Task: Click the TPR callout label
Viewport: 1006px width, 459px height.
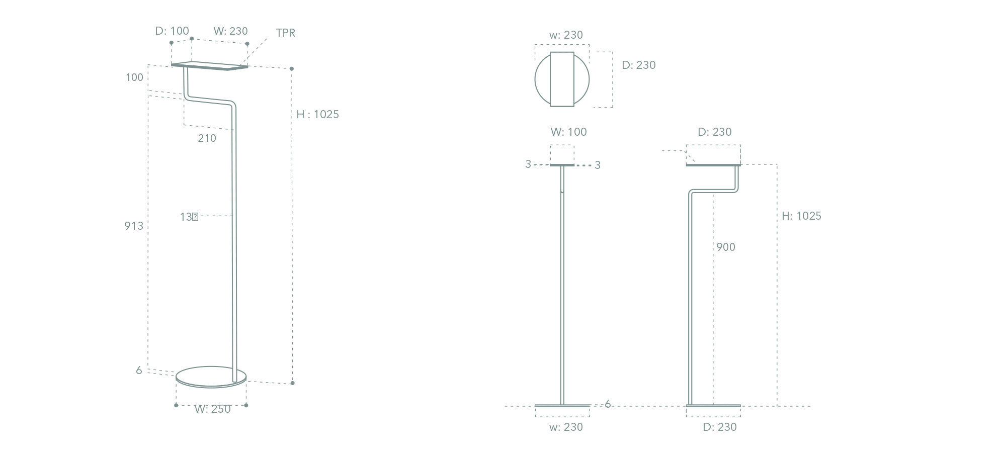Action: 285,33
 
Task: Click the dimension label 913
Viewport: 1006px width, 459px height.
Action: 134,226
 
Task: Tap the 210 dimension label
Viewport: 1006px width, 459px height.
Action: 207,138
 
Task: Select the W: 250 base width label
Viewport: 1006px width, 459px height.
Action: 212,409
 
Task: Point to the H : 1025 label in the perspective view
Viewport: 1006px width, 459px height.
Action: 317,115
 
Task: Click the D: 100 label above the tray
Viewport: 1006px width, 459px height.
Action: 172,31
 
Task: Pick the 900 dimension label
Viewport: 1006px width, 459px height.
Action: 726,247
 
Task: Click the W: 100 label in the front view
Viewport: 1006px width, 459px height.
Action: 568,132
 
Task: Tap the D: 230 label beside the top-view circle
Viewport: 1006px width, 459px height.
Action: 639,65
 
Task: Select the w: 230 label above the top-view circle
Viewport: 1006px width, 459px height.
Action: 566,35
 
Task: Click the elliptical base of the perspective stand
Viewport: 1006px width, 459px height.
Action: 211,377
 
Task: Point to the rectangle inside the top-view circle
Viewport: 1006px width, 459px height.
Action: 562,79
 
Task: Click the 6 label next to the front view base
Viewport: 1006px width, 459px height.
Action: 608,404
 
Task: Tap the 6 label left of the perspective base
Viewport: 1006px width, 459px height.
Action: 139,371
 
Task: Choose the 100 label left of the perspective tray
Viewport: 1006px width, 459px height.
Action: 134,77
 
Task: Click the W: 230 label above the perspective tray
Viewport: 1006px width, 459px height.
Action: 230,31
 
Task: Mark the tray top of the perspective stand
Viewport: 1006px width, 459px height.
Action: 209,66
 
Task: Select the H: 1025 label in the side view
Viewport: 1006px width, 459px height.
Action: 801,216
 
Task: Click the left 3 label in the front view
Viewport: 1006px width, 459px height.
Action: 528,164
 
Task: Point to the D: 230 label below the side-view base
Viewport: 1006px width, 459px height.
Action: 720,427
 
